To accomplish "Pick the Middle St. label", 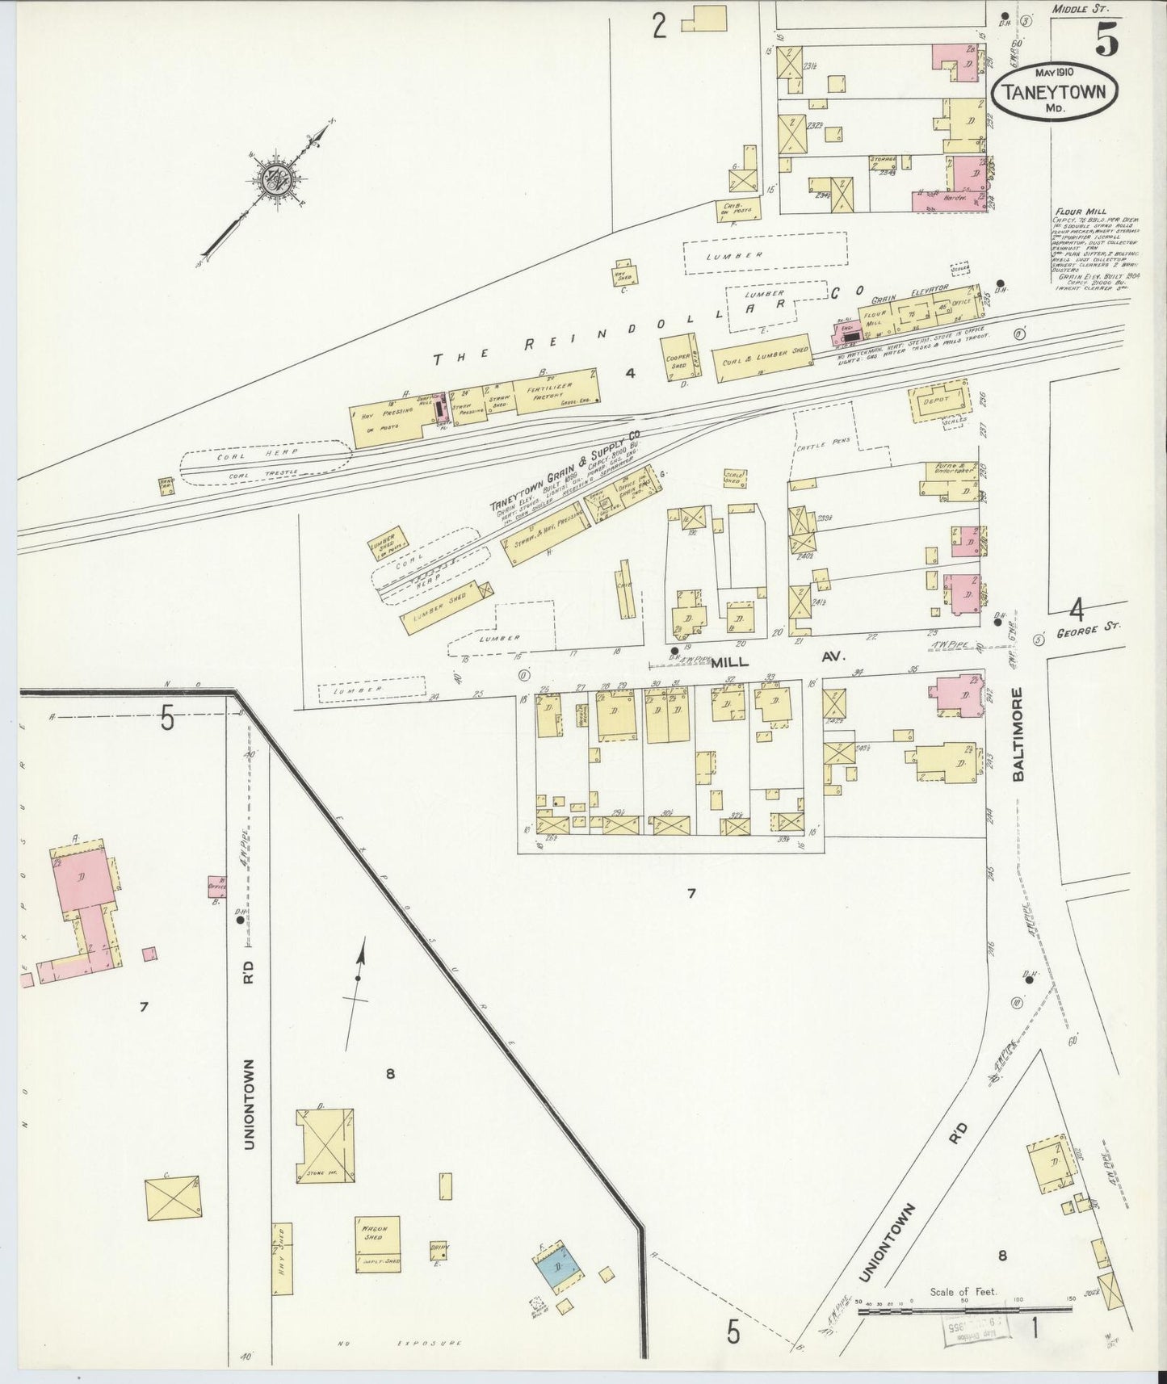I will [1081, 9].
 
